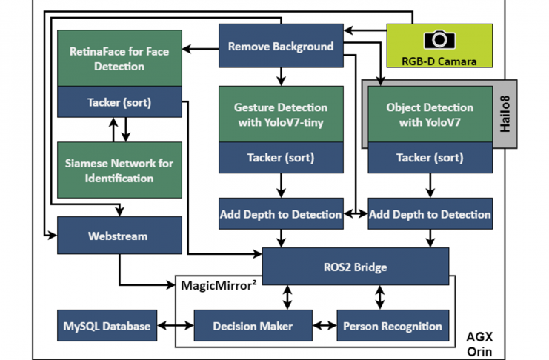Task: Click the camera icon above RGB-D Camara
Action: coord(439,40)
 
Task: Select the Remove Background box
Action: coord(281,47)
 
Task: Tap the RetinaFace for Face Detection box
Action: coord(119,59)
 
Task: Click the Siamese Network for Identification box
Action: coord(119,170)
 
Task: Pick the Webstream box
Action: coord(119,237)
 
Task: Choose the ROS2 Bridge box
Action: coord(356,267)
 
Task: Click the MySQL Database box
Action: coord(107,326)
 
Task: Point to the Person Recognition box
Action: coord(393,326)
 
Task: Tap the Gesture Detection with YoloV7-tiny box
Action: coord(281,114)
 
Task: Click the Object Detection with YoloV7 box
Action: coord(430,114)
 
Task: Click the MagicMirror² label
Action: coord(219,285)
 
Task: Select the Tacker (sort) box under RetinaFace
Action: coord(119,102)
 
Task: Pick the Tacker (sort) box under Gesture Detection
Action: coord(281,158)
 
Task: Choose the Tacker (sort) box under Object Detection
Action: coord(430,158)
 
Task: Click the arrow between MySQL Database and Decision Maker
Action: coord(176,326)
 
